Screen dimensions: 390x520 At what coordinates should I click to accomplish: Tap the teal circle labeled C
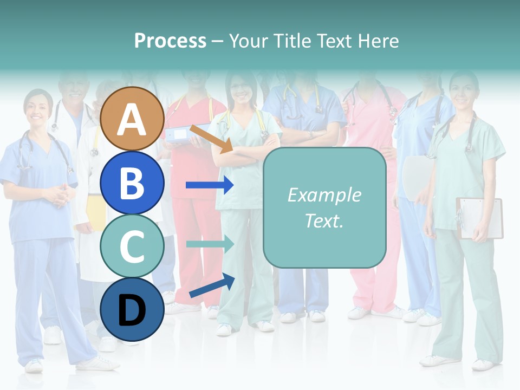(132, 246)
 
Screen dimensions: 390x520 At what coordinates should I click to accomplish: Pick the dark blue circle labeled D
(132, 309)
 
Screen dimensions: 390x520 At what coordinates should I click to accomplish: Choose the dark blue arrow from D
(212, 286)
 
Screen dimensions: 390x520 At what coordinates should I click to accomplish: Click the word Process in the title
(170, 41)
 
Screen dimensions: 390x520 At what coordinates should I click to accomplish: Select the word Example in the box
(324, 195)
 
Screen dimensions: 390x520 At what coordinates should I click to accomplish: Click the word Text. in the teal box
(324, 220)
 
